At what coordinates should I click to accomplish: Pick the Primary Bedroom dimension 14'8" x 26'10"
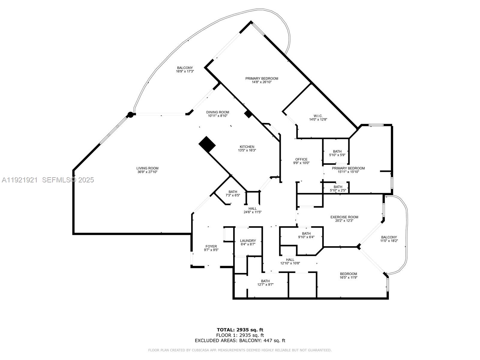pos(262,82)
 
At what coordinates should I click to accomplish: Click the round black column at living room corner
pos(130,114)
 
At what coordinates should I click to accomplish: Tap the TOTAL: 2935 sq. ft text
pos(240,330)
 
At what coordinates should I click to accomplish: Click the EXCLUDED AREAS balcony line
pos(240,340)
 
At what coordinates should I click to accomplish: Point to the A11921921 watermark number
pos(19,180)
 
